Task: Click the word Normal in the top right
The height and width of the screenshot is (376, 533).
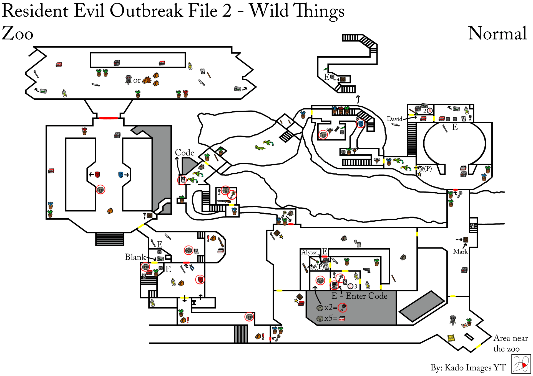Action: click(x=497, y=33)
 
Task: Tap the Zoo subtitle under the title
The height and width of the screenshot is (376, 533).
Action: click(x=17, y=33)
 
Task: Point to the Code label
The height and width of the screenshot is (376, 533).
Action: click(x=185, y=152)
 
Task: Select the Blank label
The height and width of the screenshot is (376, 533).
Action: click(x=135, y=257)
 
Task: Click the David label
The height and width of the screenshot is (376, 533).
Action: click(x=394, y=119)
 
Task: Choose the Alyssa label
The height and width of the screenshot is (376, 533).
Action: click(x=310, y=252)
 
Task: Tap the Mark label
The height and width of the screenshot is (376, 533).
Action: click(x=460, y=251)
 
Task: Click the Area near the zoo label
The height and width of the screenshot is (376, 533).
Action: click(x=511, y=343)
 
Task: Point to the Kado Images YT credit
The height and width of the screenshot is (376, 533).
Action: click(x=468, y=367)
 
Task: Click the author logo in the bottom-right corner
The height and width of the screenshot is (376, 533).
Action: click(x=521, y=364)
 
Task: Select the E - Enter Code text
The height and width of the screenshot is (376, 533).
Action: click(x=359, y=296)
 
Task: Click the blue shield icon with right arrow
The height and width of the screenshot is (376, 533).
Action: click(x=124, y=175)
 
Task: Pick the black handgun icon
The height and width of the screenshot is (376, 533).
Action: click(x=367, y=270)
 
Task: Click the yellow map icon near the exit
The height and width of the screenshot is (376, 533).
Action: click(x=451, y=338)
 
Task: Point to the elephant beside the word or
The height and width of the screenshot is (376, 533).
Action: click(x=128, y=80)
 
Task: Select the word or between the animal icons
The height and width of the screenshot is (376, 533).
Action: click(x=137, y=80)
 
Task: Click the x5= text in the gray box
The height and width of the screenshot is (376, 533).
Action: click(x=331, y=318)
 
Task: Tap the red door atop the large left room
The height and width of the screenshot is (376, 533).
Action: click(x=109, y=118)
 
